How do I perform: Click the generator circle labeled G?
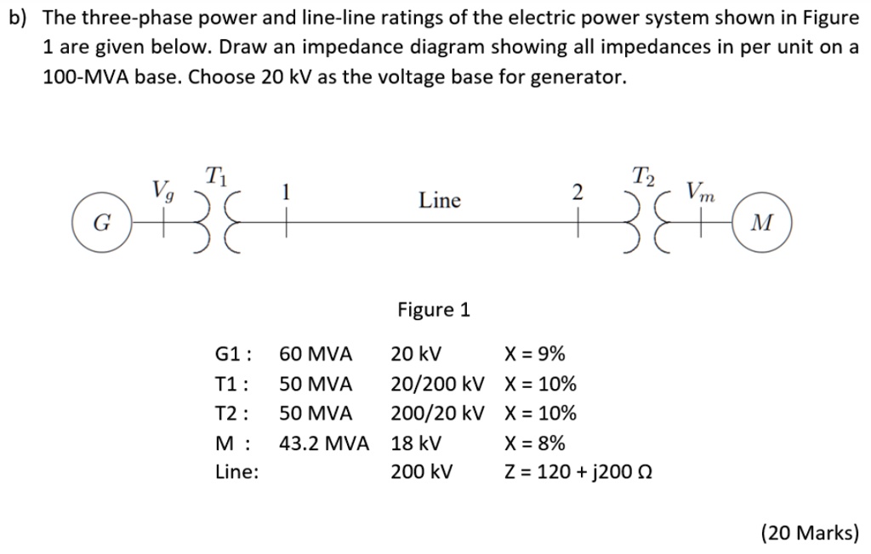tap(101, 223)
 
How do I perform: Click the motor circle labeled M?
tap(763, 223)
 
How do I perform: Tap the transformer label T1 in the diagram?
tap(217, 177)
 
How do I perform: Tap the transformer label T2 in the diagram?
tap(645, 176)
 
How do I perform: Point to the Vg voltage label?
tap(162, 188)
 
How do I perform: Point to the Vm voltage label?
tap(703, 190)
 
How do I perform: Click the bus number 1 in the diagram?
tap(287, 192)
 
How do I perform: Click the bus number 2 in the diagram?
tap(578, 192)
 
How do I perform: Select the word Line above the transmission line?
tap(440, 201)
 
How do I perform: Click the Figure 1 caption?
tap(434, 310)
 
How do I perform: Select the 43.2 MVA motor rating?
tap(324, 443)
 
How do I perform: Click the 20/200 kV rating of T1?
tap(437, 384)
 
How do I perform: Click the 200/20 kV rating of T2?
tap(437, 414)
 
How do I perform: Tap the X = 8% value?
tap(534, 443)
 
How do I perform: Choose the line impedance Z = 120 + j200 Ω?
tap(578, 473)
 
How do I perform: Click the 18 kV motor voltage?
tap(416, 443)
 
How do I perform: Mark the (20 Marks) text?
tap(809, 533)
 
